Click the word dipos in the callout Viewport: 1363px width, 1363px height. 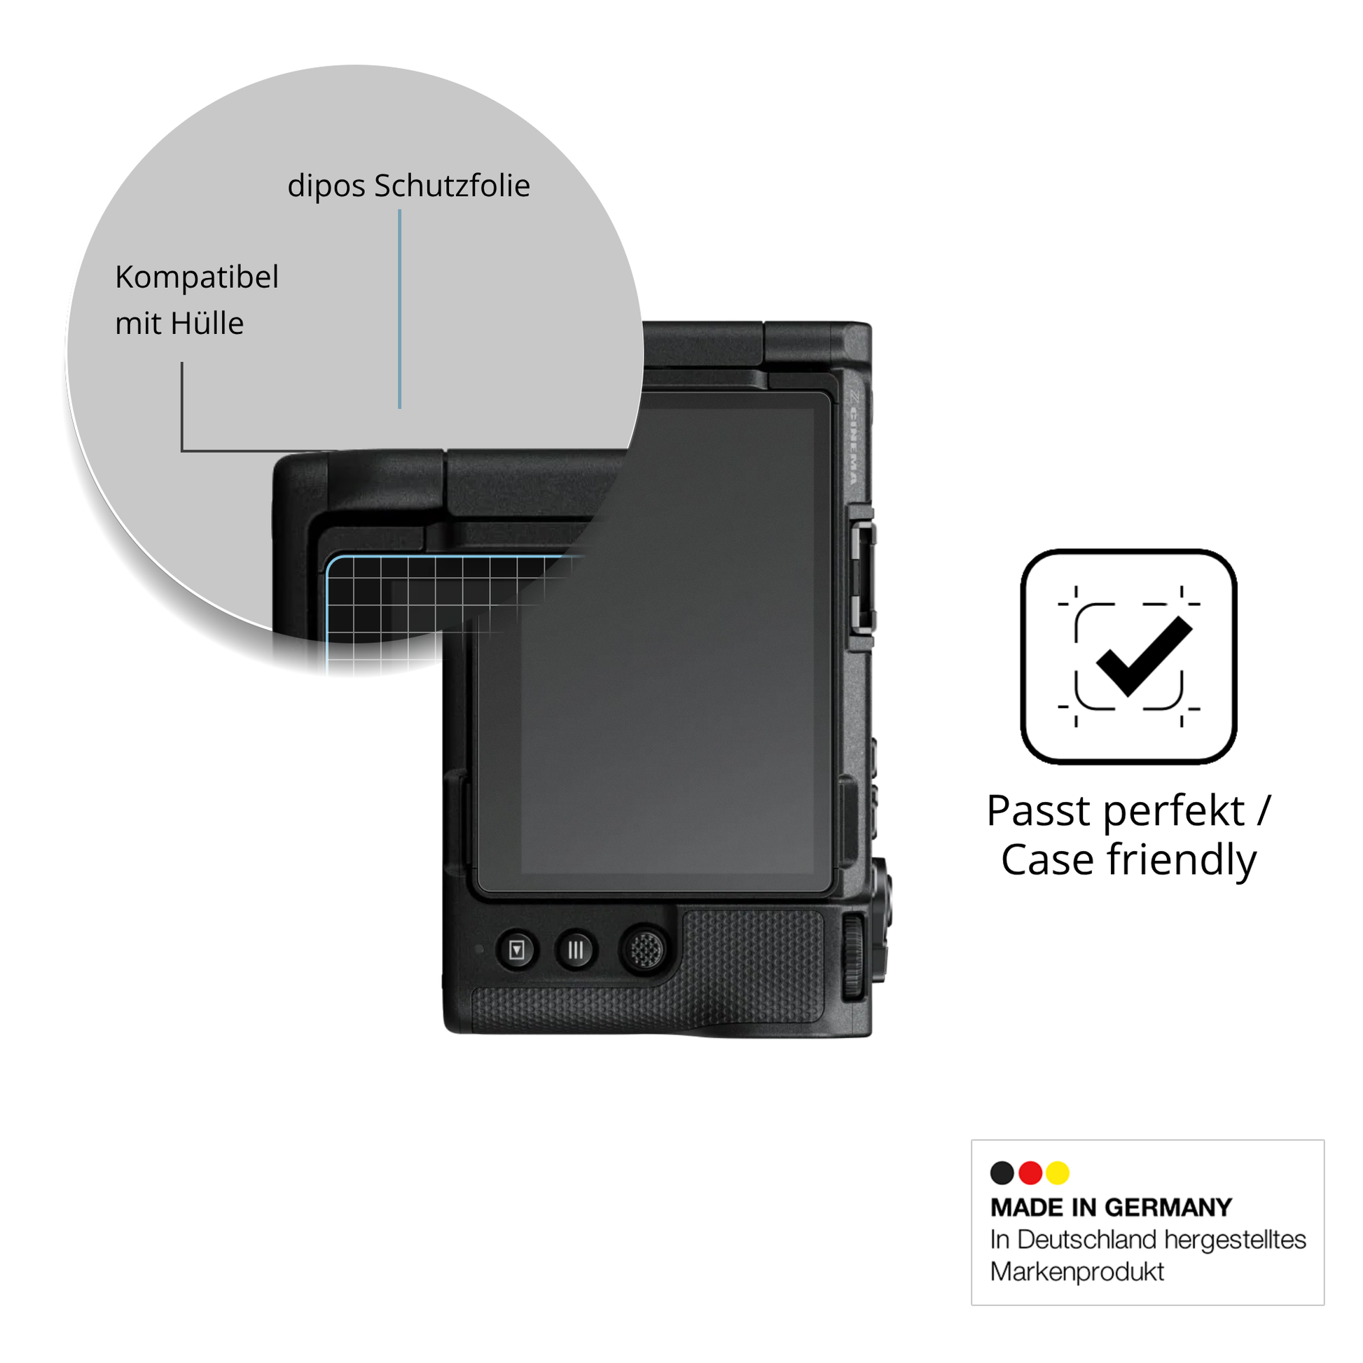click(326, 187)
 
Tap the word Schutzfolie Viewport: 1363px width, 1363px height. click(452, 186)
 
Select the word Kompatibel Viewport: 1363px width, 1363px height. click(197, 277)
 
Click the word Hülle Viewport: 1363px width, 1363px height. click(209, 323)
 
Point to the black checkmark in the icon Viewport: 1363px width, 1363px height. click(1144, 656)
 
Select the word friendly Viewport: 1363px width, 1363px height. click(1182, 861)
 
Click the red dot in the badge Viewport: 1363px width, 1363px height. click(1031, 1172)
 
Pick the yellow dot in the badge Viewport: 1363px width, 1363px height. click(1058, 1172)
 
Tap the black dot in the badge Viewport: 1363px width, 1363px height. click(1002, 1172)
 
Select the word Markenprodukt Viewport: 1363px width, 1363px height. click(1077, 1272)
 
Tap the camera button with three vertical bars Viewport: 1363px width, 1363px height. click(576, 950)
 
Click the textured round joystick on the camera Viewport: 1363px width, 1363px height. click(644, 950)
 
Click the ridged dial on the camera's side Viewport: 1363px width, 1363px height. click(854, 956)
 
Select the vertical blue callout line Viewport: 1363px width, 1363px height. click(399, 309)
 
